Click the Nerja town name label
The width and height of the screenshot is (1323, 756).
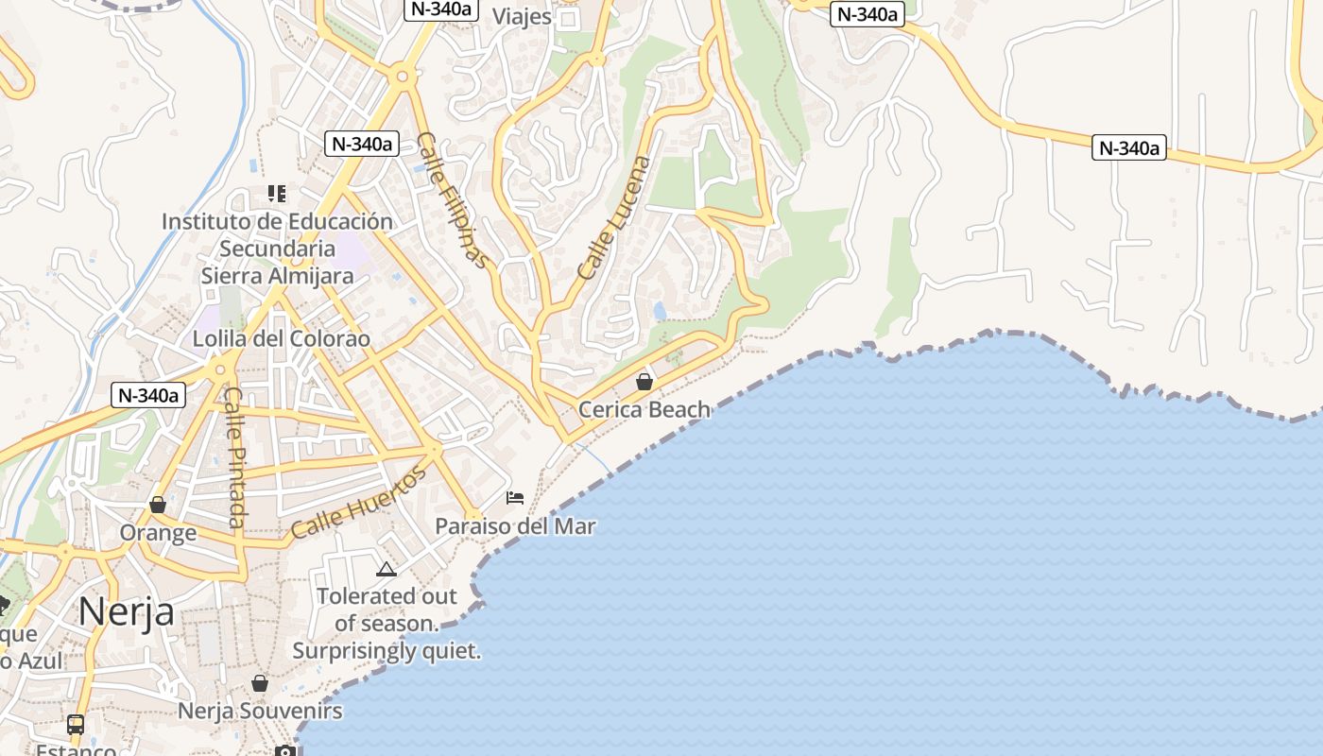(126, 611)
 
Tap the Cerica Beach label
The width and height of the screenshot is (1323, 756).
(644, 409)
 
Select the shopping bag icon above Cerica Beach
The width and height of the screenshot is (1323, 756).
(644, 382)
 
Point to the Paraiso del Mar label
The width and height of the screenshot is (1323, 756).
(515, 526)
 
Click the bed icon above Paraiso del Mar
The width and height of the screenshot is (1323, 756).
(515, 498)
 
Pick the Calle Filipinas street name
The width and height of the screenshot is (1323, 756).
(455, 199)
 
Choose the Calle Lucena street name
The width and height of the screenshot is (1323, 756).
(614, 217)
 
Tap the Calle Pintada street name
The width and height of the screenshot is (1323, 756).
(235, 457)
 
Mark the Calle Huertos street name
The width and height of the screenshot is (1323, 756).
(358, 502)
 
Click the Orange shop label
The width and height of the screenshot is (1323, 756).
(158, 533)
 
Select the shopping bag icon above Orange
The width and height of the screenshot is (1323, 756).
(158, 506)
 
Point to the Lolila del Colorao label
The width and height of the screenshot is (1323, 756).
(282, 338)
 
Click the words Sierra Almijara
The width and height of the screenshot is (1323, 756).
(277, 276)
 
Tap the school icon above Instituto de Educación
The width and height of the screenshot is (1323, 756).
(277, 194)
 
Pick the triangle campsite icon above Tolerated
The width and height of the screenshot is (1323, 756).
(386, 569)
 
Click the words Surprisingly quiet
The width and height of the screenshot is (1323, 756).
(387, 651)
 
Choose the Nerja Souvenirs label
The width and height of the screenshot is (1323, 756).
(260, 711)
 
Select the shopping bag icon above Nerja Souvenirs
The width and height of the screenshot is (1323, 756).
(260, 683)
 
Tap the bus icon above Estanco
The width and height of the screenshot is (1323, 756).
(76, 725)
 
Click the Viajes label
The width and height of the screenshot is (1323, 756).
(522, 16)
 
